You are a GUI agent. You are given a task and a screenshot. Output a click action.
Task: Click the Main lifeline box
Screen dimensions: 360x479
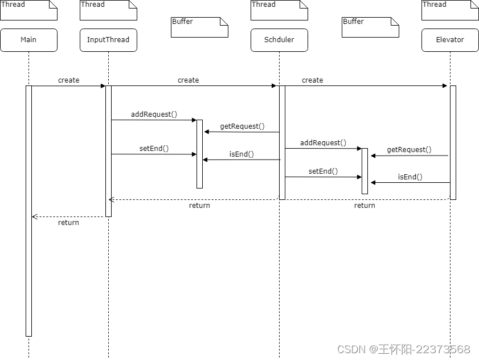tap(28, 40)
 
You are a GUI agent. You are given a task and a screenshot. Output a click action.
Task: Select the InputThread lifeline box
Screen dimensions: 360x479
tap(108, 40)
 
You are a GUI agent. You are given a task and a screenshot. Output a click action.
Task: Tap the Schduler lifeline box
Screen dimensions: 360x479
tap(279, 40)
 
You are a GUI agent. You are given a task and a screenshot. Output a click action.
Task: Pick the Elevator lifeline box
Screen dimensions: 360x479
tap(450, 40)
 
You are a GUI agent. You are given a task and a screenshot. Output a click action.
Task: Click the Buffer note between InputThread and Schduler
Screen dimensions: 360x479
tap(199, 27)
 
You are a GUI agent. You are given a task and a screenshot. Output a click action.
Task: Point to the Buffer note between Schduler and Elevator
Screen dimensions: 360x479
tap(370, 27)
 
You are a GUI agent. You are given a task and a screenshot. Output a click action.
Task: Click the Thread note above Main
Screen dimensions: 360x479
tap(28, 10)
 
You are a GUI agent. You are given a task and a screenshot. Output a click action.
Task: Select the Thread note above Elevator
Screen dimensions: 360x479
tap(450, 10)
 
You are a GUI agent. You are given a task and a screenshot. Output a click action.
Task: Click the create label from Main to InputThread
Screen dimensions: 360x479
tap(68, 80)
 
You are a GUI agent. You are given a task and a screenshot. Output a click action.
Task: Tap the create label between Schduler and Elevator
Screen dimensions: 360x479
tap(312, 80)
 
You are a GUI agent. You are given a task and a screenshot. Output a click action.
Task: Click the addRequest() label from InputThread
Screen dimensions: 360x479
tap(154, 114)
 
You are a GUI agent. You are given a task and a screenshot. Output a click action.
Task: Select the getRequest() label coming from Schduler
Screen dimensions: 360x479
tap(242, 126)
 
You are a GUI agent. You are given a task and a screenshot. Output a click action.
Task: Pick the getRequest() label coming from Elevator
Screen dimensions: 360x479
tap(409, 150)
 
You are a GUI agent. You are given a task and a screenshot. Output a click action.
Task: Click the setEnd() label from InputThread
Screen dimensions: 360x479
tap(154, 149)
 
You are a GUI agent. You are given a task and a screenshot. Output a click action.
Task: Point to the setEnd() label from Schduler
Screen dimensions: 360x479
tap(323, 171)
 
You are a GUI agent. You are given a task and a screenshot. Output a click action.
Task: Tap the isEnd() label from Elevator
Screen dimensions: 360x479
tap(410, 177)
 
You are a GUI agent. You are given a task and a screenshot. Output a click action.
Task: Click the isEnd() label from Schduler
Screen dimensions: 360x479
tap(241, 154)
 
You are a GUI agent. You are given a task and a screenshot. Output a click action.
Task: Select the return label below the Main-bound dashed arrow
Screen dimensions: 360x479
tap(68, 223)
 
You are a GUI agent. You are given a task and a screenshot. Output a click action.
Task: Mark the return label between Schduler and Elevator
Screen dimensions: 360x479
tap(365, 206)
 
